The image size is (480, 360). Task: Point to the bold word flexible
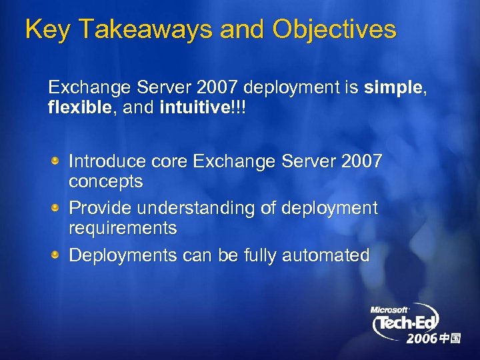pos(73,108)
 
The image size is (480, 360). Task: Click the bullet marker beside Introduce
pos(58,161)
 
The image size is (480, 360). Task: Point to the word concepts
pos(106,181)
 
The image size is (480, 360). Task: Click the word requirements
pos(123,229)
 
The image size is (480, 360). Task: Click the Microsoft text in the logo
pos(389,309)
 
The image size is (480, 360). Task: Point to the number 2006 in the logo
pos(421,339)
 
